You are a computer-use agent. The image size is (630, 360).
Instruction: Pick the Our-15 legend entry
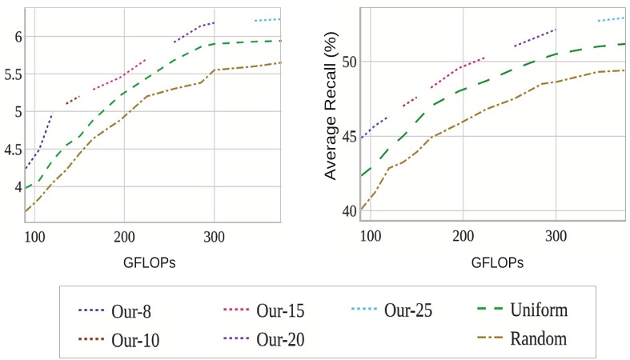point(279,310)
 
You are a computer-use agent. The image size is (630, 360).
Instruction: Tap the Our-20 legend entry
point(280,339)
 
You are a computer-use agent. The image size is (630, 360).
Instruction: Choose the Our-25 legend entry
point(407,310)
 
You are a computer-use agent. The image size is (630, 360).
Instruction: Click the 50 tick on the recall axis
point(349,62)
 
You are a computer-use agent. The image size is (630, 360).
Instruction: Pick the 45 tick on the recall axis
point(349,136)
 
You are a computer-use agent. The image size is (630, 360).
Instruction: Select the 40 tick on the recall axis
point(349,210)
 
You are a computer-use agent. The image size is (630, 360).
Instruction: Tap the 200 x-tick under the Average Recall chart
point(463,237)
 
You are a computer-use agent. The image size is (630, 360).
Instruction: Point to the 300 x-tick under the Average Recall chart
point(556,237)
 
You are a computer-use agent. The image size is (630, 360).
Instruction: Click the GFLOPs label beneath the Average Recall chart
point(497,262)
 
